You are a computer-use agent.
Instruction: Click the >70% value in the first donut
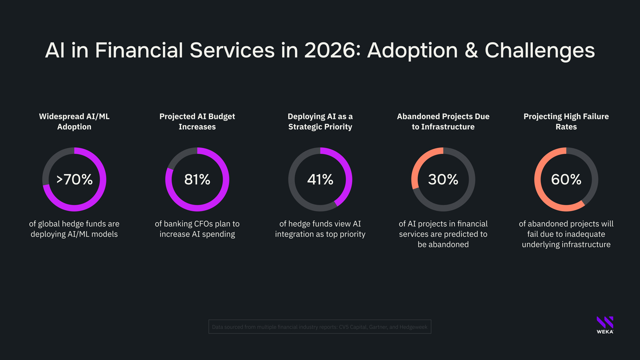click(x=74, y=180)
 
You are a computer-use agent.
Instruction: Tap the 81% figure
click(x=197, y=180)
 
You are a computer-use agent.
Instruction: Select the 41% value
click(x=320, y=180)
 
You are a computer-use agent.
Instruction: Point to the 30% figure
click(x=443, y=180)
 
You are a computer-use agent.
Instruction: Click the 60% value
click(x=566, y=180)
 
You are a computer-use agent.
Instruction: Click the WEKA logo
click(x=605, y=324)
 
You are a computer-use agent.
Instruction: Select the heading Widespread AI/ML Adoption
click(x=74, y=121)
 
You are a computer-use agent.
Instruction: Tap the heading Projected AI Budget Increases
click(x=197, y=121)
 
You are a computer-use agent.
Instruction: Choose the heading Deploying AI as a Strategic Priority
click(x=320, y=121)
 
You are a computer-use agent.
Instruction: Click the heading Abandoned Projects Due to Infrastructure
click(x=443, y=121)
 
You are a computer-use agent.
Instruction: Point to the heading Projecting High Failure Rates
click(x=566, y=121)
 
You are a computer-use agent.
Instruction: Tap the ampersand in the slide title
click(x=471, y=50)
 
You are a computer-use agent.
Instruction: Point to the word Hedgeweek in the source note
click(x=413, y=327)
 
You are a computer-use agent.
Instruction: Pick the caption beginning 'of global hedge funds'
click(x=74, y=229)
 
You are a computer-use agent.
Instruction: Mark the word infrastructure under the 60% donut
click(x=585, y=244)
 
